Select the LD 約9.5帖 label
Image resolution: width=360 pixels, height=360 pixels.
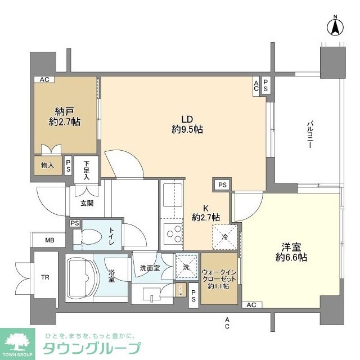point(187,124)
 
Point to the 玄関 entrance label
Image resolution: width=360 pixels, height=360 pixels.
point(86,204)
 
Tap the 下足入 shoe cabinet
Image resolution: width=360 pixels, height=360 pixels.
point(87,170)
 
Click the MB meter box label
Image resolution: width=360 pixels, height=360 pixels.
point(50,240)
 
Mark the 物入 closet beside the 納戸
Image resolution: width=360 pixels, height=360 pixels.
point(47,165)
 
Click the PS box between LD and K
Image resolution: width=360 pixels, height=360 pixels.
point(223,184)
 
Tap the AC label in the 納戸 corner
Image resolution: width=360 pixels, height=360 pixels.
point(43,80)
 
